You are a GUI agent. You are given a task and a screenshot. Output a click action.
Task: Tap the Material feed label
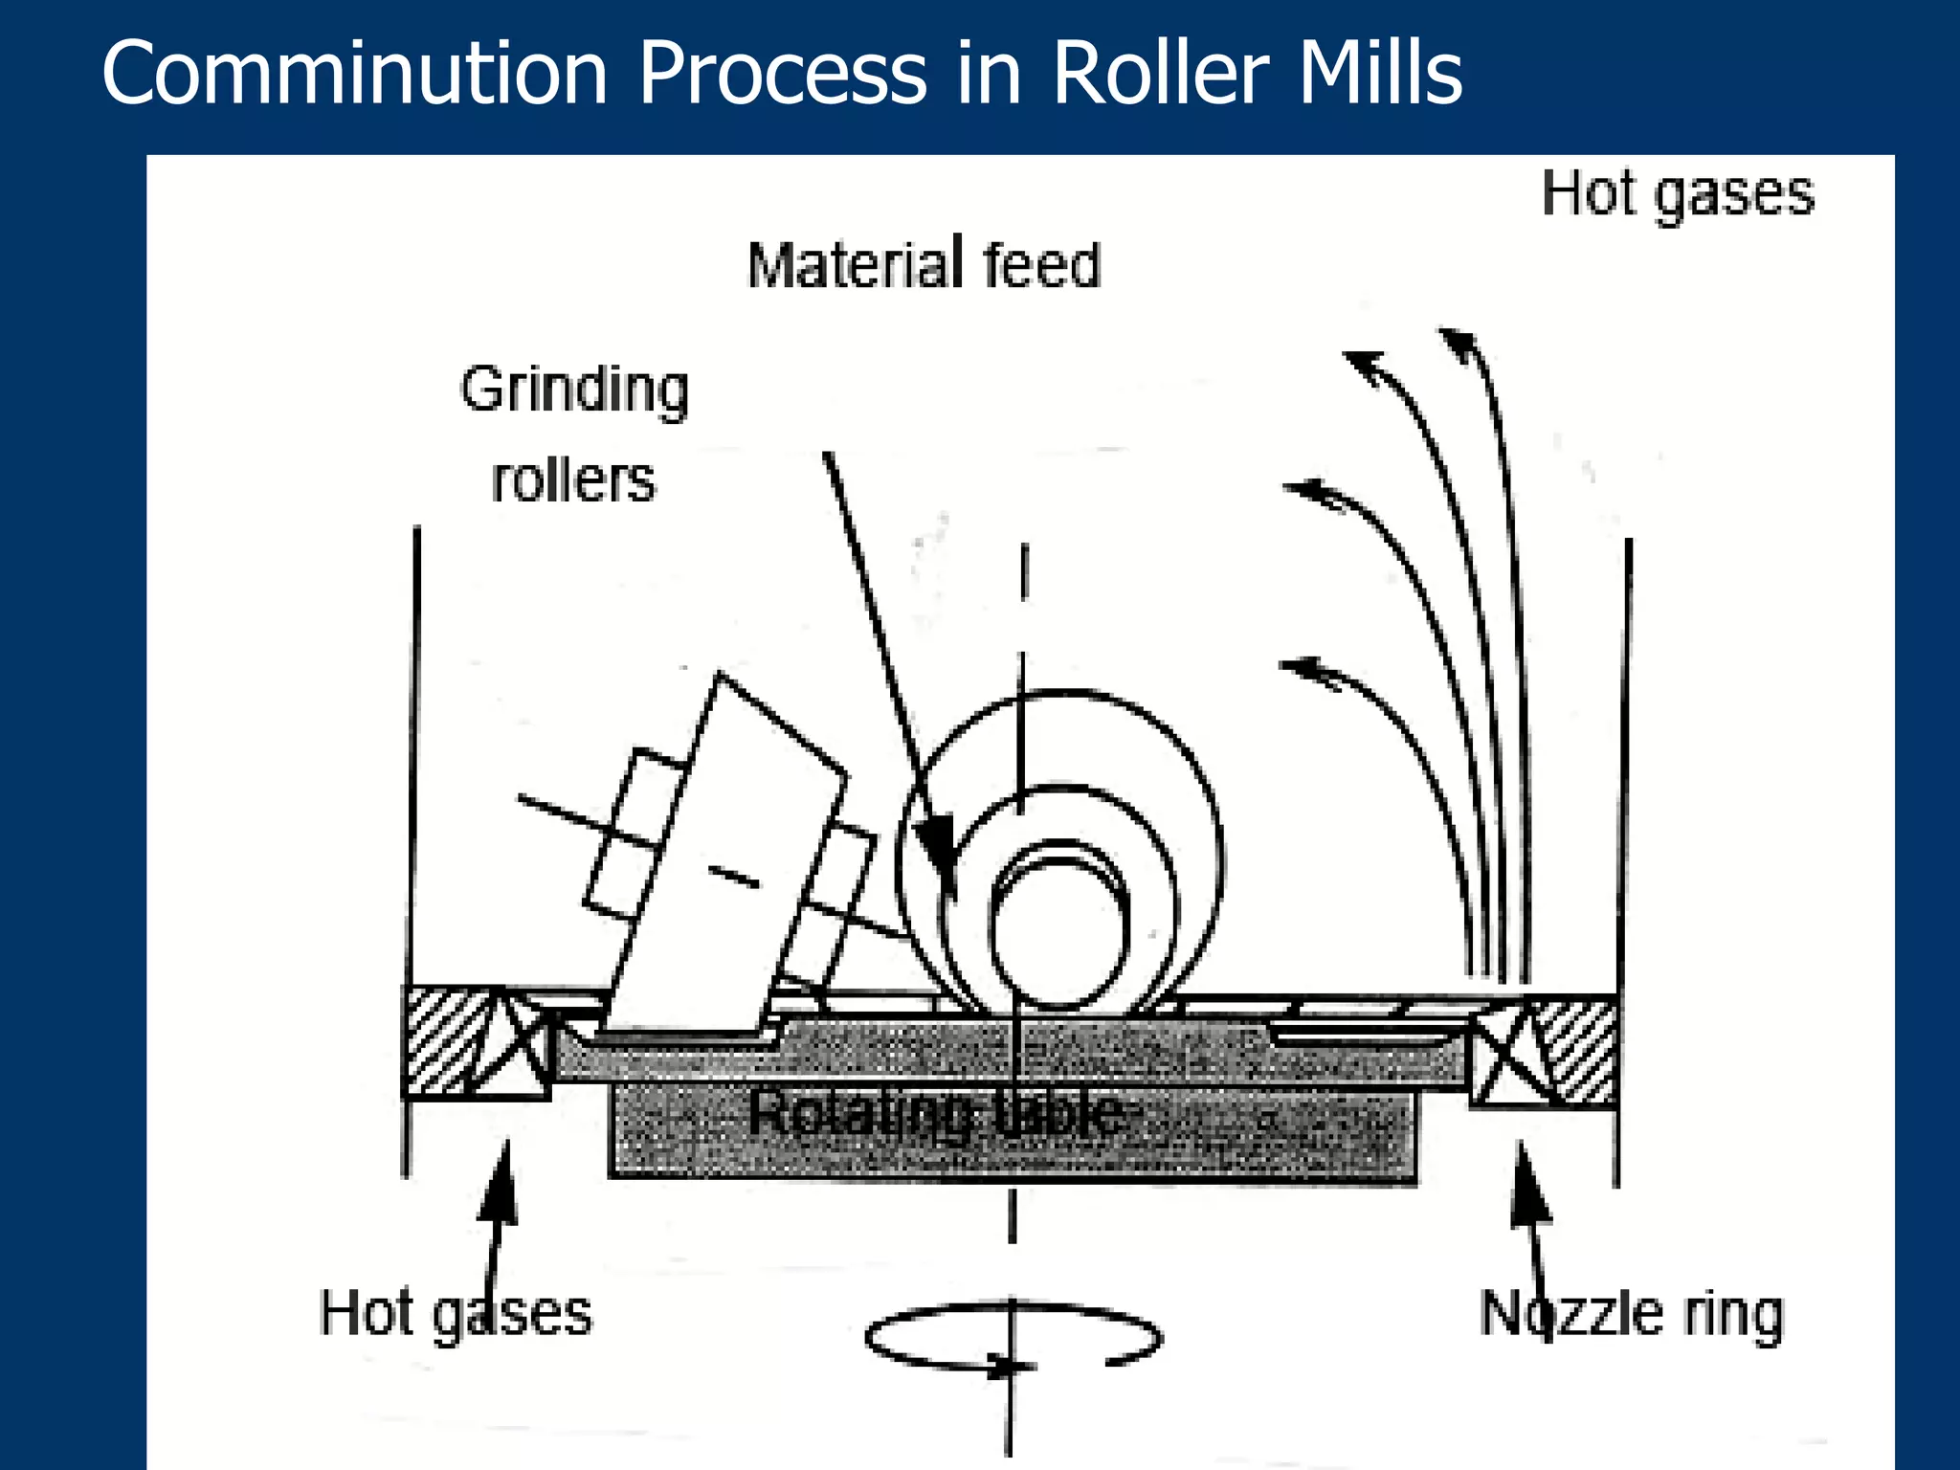[924, 265]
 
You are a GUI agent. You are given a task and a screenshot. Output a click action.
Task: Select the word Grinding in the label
[574, 390]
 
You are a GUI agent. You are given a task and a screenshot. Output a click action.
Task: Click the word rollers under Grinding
[572, 480]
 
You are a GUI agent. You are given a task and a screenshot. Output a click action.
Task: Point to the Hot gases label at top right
[1677, 194]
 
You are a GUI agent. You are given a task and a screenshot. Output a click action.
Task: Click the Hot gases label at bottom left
[455, 1313]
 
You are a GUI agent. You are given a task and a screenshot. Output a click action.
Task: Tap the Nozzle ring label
[1631, 1313]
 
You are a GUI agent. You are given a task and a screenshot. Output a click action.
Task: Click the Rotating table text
[936, 1113]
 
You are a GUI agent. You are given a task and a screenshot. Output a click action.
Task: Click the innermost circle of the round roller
[1058, 933]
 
